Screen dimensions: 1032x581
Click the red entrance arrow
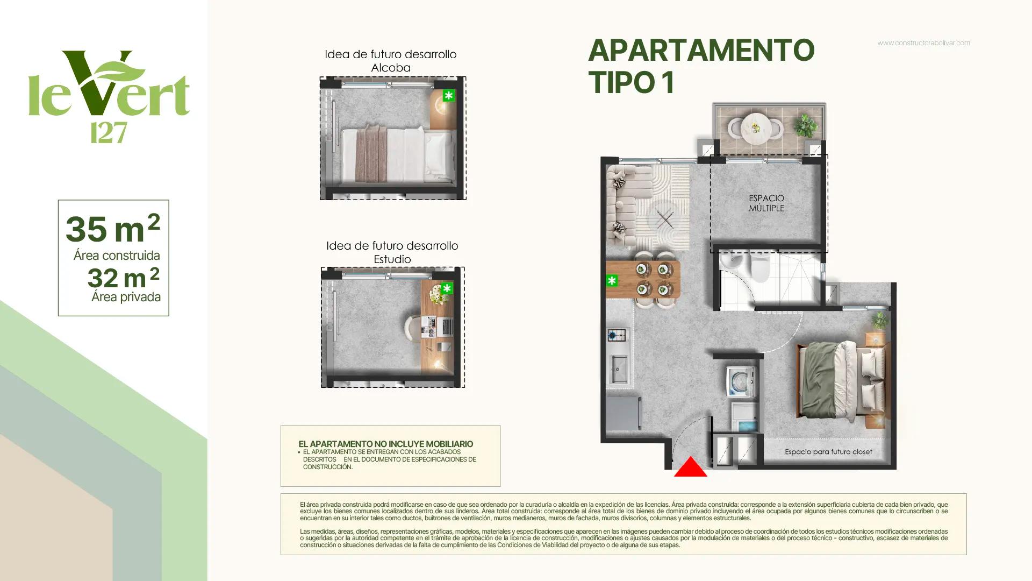coord(691,467)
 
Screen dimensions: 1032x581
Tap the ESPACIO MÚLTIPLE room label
coord(766,203)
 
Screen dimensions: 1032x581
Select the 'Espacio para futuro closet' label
coord(828,452)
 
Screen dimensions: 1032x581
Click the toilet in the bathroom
coord(761,267)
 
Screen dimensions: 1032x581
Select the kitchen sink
coord(618,370)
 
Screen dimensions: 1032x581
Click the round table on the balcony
coord(756,128)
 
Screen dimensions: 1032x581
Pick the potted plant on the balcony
coord(805,126)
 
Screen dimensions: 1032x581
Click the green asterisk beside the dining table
coord(612,280)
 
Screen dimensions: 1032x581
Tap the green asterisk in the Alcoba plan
coord(449,96)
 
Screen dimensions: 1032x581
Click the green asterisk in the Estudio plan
coord(447,288)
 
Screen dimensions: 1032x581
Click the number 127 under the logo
coord(109,132)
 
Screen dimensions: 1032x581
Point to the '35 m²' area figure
coord(113,228)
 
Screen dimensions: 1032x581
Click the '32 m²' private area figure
coord(124,277)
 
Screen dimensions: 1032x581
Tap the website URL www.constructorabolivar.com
coord(923,43)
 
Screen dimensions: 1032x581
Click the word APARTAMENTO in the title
coord(701,50)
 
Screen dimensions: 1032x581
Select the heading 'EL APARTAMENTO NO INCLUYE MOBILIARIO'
coord(386,444)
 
